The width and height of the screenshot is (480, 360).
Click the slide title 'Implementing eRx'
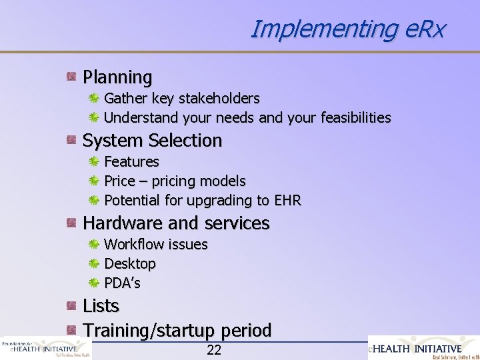coord(347,29)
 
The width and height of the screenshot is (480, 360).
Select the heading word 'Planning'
coord(117,77)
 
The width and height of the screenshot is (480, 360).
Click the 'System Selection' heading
coord(152,141)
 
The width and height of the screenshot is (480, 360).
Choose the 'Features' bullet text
coord(132,161)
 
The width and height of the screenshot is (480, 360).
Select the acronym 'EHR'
coord(287,201)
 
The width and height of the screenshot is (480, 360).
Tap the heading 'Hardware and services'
coord(176,223)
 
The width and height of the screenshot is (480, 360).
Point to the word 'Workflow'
coord(133,245)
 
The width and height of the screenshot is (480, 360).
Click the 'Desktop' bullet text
coord(130,264)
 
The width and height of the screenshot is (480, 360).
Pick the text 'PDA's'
coord(123,283)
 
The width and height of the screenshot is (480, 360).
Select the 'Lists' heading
coord(101,306)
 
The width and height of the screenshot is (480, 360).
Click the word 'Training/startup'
coord(144,330)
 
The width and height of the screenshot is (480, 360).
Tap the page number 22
coord(214,351)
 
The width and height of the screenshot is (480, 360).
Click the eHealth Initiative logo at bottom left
coord(45,348)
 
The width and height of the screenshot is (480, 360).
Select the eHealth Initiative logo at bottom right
coord(423,347)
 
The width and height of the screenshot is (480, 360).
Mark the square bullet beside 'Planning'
coord(71,77)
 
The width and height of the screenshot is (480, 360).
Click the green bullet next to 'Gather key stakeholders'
coord(95,99)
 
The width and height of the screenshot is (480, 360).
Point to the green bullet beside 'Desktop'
coord(95,264)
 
